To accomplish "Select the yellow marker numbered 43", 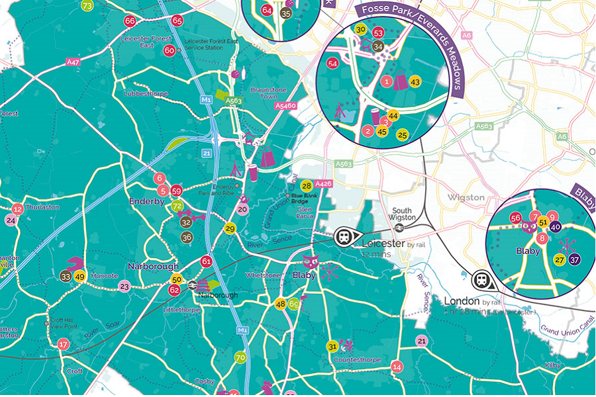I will click(415, 81).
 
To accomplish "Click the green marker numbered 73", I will click(87, 5).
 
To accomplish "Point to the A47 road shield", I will click(73, 62).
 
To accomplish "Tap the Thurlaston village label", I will click(42, 206).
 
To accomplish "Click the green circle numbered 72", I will click(177, 206).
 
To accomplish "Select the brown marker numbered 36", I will click(187, 237).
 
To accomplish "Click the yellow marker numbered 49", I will click(79, 277).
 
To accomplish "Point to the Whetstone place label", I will click(258, 275).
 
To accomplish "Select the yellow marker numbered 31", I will click(332, 346).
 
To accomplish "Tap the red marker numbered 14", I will click(397, 367).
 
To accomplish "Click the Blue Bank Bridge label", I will click(305, 197).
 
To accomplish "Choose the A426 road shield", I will click(323, 183).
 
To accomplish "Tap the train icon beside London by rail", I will click(482, 279).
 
